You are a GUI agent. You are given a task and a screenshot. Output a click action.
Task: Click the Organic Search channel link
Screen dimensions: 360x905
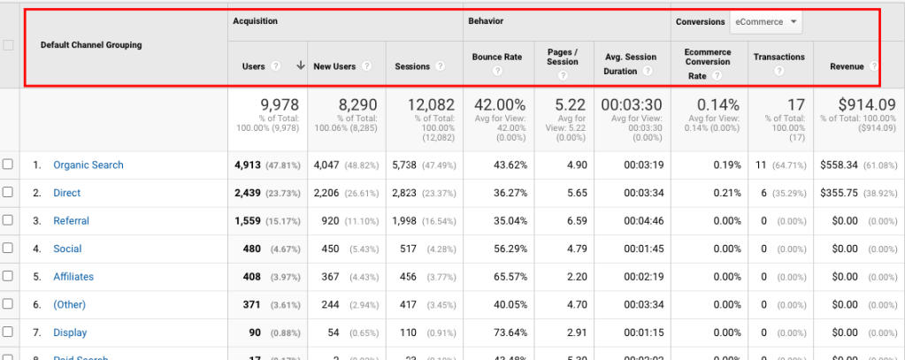point(88,165)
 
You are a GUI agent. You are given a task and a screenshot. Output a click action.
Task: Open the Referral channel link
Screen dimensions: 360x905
point(71,221)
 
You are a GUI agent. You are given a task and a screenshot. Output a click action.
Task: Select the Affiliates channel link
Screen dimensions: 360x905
point(73,277)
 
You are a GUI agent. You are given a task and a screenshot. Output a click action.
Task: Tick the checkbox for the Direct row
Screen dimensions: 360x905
point(8,193)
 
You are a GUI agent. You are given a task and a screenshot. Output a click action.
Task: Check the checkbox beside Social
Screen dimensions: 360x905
point(8,249)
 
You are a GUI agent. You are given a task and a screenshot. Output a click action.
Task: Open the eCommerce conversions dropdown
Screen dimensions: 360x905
point(766,22)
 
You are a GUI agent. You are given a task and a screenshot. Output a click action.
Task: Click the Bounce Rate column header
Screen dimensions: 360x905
point(496,57)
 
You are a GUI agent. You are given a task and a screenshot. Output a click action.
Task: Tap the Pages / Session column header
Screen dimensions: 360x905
point(563,57)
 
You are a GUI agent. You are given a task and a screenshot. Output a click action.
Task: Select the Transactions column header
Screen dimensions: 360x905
point(778,57)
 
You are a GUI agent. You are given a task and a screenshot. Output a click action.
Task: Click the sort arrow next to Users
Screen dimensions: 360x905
point(301,66)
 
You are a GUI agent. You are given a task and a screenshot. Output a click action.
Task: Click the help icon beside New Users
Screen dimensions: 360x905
point(366,66)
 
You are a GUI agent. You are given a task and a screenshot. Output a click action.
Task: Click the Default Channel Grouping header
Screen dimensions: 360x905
point(91,45)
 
